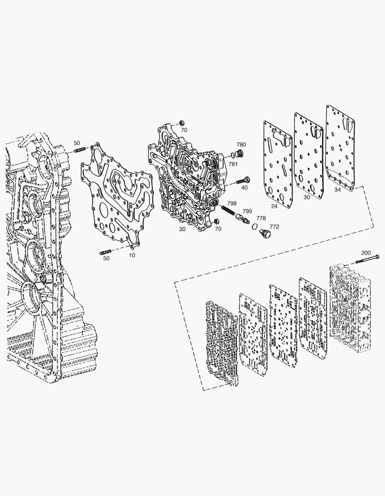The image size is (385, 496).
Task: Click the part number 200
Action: pos(366,253)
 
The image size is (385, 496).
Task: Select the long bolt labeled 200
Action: pos(367,259)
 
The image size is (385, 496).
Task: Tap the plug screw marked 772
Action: pos(264,235)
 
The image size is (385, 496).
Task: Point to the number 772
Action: pos(275,226)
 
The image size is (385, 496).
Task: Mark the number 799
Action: pos(247,211)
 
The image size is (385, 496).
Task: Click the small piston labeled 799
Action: pos(243,218)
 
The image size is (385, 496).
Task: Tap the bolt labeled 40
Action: pos(243,181)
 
